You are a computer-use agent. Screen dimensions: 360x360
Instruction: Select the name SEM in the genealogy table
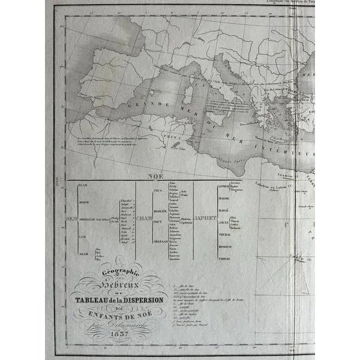pos(71,217)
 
